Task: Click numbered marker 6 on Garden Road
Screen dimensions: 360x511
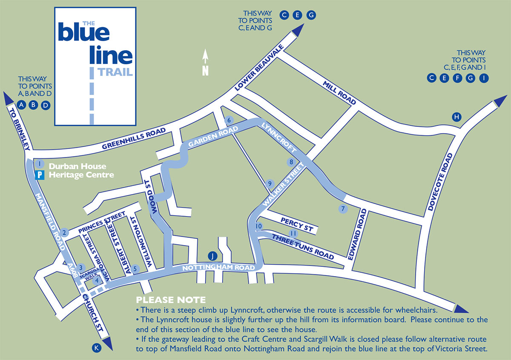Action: tap(229, 120)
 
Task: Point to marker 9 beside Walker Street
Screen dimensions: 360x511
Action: tap(269, 183)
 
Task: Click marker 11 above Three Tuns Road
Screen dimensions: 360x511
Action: tap(293, 233)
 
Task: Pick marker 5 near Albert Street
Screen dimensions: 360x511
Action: tap(135, 269)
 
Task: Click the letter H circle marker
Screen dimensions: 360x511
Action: tap(456, 117)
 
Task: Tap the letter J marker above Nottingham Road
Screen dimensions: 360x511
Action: tap(212, 256)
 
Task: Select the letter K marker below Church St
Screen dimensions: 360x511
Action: tap(97, 349)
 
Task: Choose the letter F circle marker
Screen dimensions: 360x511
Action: tap(457, 78)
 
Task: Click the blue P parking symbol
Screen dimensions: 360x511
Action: tap(41, 174)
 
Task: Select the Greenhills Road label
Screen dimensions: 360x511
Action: tap(133, 140)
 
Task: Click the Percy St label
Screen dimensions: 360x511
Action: tap(296, 225)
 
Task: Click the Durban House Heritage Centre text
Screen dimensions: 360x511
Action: tap(81, 171)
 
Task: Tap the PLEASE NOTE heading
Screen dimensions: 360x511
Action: tap(170, 300)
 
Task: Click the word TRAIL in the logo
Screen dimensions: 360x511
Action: tap(115, 72)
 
